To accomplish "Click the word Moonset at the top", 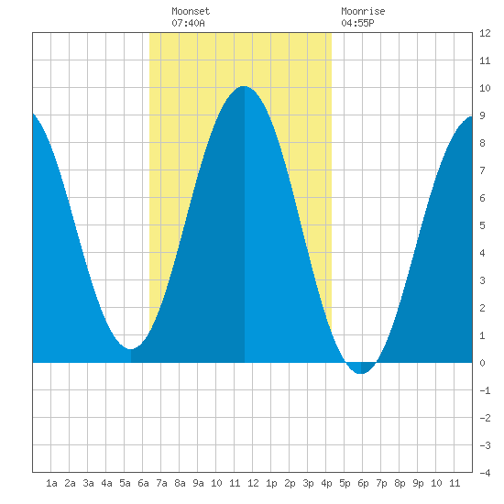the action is point(191,11).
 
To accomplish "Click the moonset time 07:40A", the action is point(188,23).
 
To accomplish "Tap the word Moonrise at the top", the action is point(363,11).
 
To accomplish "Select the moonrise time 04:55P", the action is point(357,23).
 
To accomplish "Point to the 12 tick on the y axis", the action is point(485,33).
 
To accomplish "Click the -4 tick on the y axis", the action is point(485,473).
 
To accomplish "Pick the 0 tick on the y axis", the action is point(482,363).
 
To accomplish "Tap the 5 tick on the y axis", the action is point(482,225).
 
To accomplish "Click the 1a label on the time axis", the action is point(51,483).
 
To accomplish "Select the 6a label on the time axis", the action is point(143,483).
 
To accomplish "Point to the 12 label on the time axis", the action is point(253,483).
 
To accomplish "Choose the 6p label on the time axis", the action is point(363,483).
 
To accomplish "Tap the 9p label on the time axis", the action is point(418,483).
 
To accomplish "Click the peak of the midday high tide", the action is point(244,86).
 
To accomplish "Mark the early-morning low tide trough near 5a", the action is point(130,349).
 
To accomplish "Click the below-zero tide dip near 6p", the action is point(361,373).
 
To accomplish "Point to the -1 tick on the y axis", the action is point(485,390).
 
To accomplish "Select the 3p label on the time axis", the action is point(308,483).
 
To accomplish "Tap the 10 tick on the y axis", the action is point(485,88).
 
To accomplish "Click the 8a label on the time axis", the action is point(180,483).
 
